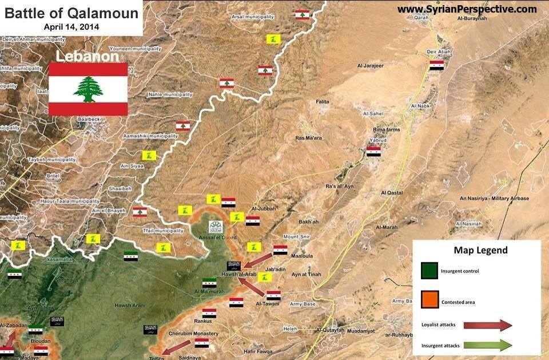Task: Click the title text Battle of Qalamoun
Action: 71,13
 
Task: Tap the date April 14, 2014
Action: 71,26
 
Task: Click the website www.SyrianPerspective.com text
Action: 467,9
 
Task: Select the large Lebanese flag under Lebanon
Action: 88,89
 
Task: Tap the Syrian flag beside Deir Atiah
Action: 437,65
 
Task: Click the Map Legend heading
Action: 480,250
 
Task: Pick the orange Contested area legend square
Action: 429,301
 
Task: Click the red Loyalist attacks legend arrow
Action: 488,325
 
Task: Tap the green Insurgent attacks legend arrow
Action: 488,345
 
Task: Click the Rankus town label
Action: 203,321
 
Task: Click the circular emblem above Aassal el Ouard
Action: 216,227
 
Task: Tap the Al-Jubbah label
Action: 263,209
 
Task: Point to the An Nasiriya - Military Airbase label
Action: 495,199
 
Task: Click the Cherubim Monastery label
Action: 193,334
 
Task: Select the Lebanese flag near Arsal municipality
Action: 303,14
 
